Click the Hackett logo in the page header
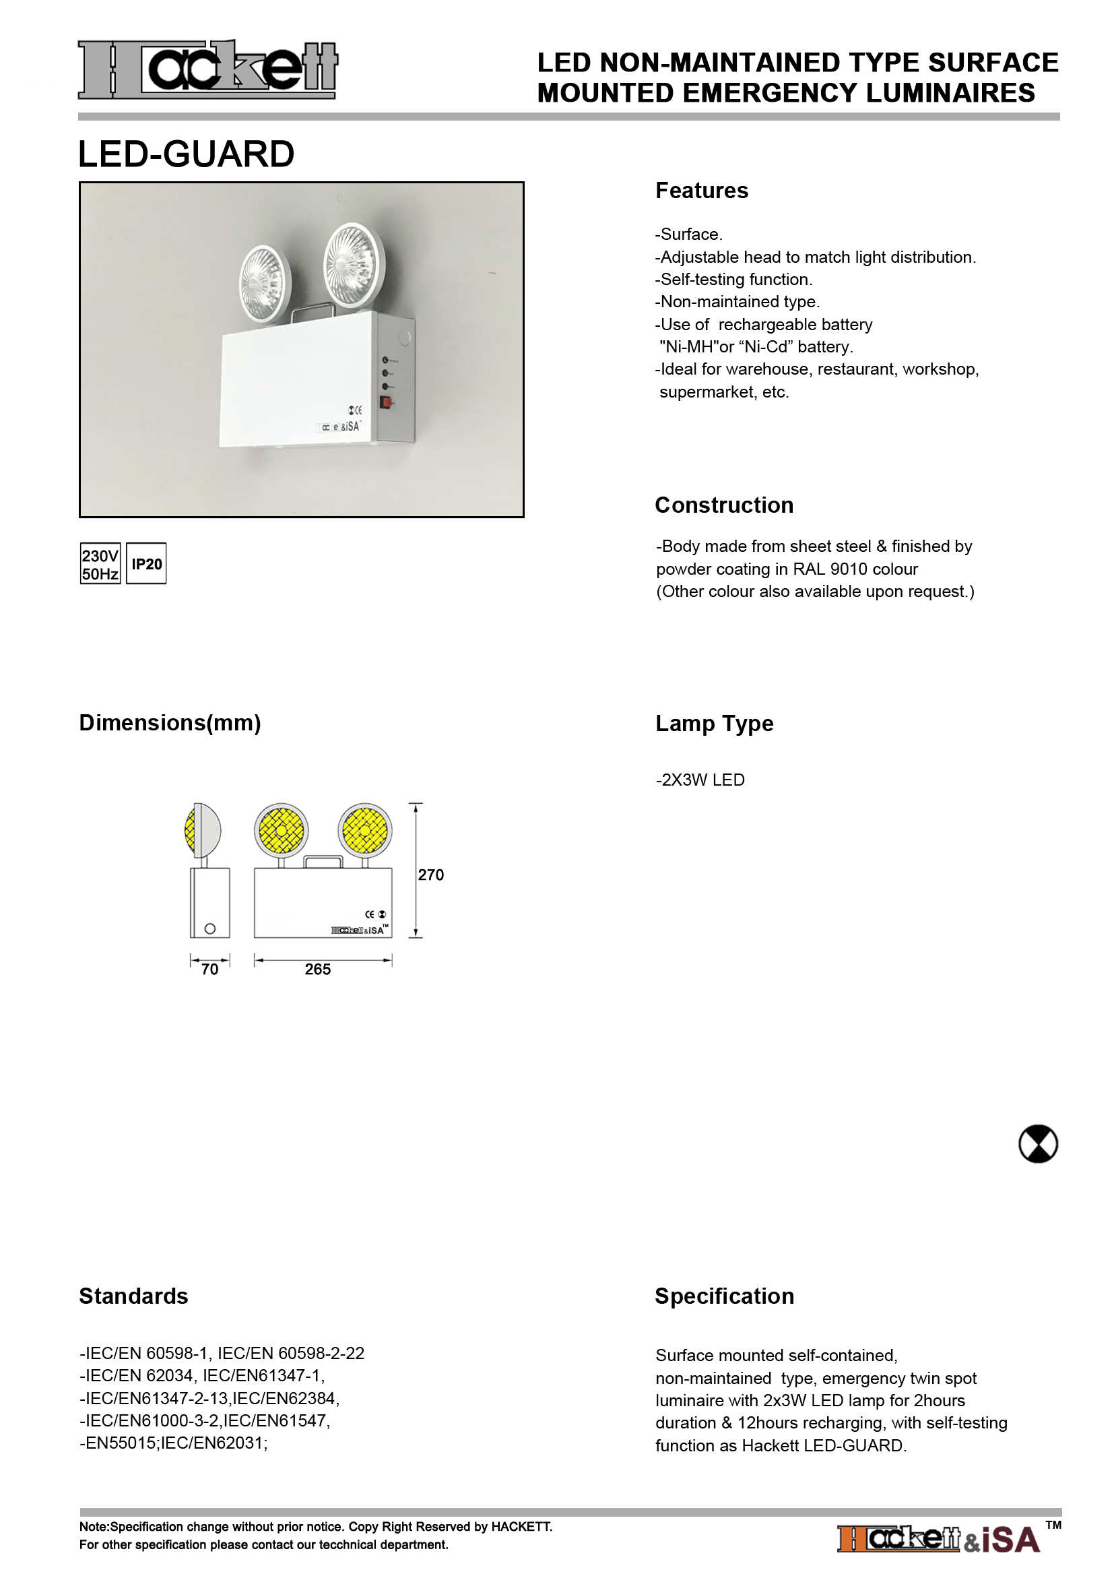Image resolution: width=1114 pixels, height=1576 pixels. (207, 69)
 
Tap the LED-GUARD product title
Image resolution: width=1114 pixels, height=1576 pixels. (186, 154)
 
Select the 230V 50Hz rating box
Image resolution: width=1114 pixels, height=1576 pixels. (100, 563)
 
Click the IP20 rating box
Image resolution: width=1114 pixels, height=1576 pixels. (147, 563)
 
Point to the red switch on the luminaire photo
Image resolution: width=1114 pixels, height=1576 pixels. (386, 402)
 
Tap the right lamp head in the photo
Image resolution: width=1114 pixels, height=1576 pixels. (354, 263)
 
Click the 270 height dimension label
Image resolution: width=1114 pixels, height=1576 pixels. (431, 875)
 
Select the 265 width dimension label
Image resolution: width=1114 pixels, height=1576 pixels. (318, 969)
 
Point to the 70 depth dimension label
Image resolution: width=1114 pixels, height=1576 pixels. (210, 969)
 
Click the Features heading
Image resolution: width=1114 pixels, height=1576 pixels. (702, 190)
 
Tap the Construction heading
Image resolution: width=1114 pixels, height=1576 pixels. (723, 505)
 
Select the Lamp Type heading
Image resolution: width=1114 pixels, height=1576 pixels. (714, 723)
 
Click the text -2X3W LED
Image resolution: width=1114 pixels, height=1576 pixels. (700, 780)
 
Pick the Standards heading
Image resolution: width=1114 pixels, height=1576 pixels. (134, 1296)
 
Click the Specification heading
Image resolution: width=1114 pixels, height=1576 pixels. (725, 1296)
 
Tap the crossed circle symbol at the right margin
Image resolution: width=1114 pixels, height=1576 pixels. (1038, 1143)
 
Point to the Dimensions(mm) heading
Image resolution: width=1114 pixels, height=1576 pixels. (170, 723)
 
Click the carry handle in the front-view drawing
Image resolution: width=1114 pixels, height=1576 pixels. (323, 860)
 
